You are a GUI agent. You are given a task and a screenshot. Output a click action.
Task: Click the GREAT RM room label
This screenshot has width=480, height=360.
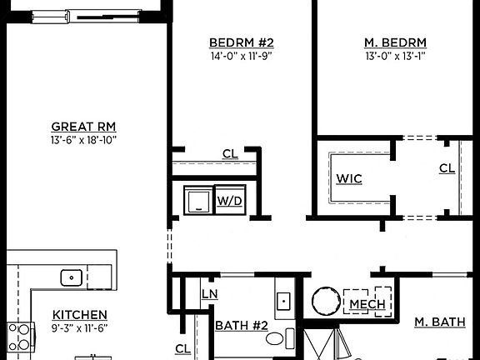(83, 127)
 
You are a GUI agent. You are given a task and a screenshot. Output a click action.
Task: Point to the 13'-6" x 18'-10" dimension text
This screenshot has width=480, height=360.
(83, 139)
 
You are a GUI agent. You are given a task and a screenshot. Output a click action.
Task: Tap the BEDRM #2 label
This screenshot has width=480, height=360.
(241, 42)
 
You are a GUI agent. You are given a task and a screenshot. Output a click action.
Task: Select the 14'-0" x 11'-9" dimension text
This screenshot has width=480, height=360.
(241, 56)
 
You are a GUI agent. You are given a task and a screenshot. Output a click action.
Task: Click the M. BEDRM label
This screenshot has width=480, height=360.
(396, 42)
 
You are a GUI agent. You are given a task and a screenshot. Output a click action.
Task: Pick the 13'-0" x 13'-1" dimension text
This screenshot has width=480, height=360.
(396, 56)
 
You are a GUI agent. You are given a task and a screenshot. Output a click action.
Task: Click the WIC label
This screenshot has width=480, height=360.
(349, 179)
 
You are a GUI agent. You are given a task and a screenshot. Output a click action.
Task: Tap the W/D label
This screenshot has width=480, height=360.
(229, 201)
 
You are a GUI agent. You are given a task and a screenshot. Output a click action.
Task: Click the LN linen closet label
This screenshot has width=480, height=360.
(210, 293)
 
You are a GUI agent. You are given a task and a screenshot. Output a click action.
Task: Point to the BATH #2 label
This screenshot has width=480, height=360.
(242, 325)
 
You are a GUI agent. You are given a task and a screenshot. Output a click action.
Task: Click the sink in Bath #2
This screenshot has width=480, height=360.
(283, 300)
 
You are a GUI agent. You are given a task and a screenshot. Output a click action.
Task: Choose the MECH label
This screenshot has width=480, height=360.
(367, 304)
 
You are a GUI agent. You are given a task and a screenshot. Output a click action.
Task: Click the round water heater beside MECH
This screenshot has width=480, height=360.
(325, 302)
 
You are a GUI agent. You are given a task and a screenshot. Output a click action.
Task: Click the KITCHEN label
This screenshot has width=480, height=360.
(80, 314)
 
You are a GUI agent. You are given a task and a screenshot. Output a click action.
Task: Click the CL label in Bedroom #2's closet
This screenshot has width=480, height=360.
(230, 153)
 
